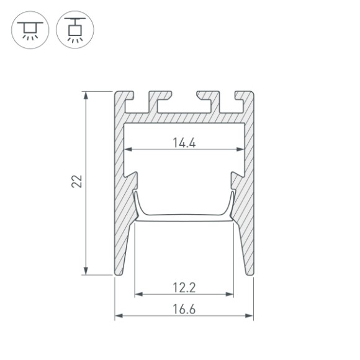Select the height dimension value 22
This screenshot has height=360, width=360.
(x=76, y=182)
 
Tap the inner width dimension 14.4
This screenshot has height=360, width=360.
(x=184, y=142)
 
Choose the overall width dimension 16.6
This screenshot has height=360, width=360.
(x=184, y=308)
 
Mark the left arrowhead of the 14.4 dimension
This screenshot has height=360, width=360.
(x=130, y=150)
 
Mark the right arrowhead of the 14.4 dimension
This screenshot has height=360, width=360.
(x=240, y=150)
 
